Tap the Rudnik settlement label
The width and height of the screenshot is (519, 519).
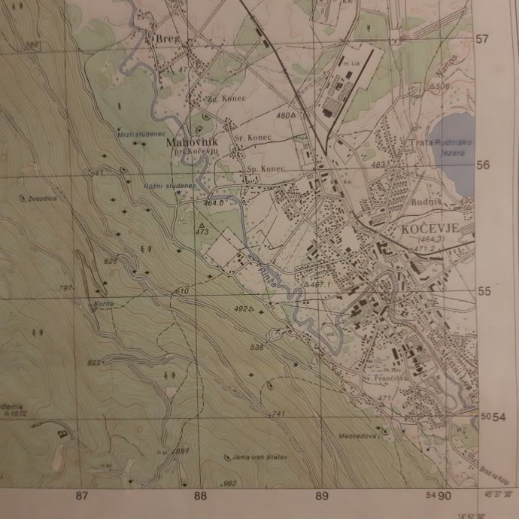(x=424, y=202)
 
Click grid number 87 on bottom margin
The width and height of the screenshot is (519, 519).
(x=82, y=496)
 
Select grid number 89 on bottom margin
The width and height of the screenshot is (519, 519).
(x=322, y=496)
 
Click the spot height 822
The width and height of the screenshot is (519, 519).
(x=93, y=363)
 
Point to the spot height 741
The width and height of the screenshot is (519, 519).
(x=278, y=414)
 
